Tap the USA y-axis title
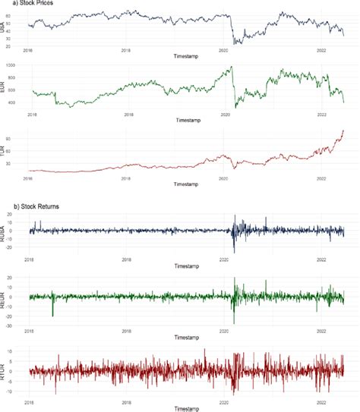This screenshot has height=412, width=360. click(x=9, y=28)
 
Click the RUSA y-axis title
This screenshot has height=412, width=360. click(x=9, y=231)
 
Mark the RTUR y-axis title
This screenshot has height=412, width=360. click(x=9, y=370)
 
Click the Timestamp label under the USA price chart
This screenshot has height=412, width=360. click(x=187, y=58)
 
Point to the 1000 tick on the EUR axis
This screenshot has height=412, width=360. click(x=21, y=67)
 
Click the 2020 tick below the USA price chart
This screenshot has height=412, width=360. click(x=224, y=51)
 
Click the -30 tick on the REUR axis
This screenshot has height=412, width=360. click(x=21, y=325)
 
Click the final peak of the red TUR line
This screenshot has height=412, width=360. click(x=343, y=131)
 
